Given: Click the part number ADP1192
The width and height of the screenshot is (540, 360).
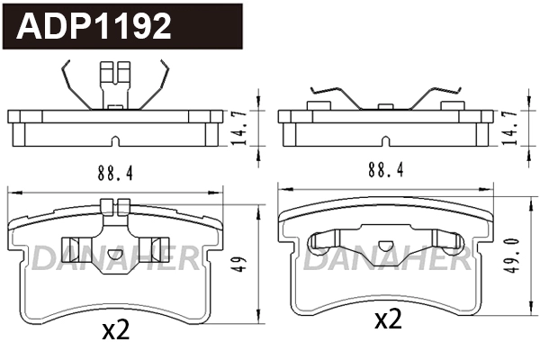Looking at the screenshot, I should pyautogui.click(x=95, y=26).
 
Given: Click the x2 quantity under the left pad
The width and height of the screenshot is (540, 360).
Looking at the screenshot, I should pyautogui.click(x=116, y=330).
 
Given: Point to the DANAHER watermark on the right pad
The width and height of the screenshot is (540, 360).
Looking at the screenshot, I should pyautogui.click(x=385, y=261).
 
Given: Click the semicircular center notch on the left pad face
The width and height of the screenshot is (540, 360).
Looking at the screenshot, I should pyautogui.click(x=114, y=253).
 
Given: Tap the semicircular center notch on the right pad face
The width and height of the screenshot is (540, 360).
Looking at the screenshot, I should pyautogui.click(x=385, y=246).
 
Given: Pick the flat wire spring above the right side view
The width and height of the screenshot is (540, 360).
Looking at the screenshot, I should pyautogui.click(x=385, y=95).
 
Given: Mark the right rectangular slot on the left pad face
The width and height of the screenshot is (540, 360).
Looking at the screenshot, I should pyautogui.click(x=150, y=249).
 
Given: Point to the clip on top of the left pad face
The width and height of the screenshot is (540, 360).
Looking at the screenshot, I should pyautogui.click(x=114, y=207).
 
